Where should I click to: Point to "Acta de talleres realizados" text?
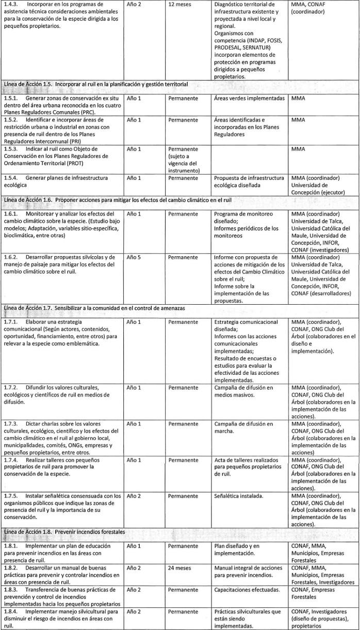246,460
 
